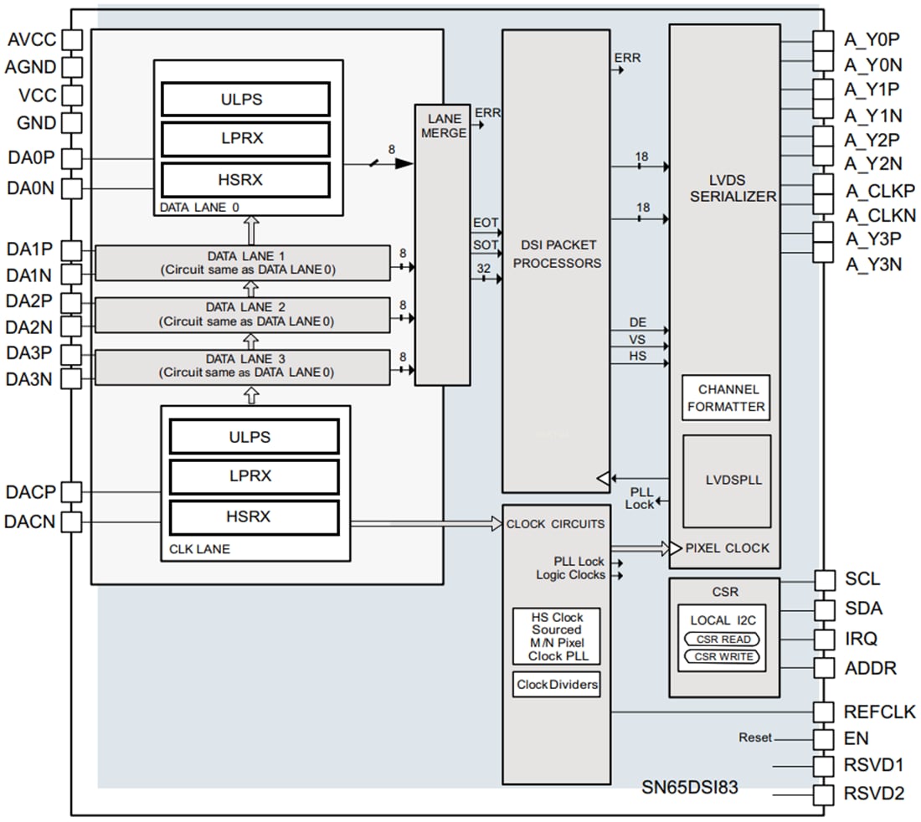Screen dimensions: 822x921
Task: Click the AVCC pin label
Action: tap(32, 40)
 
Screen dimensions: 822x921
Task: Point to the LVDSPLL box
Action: tap(727, 480)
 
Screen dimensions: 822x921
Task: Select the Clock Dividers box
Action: tap(557, 685)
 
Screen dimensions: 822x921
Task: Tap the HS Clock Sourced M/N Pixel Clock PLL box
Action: tap(557, 636)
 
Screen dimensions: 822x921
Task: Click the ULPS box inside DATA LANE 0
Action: tap(245, 100)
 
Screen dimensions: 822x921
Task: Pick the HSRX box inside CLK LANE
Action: tap(254, 516)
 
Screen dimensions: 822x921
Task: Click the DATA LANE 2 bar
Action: tap(243, 314)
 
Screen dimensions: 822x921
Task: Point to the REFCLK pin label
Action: tap(880, 712)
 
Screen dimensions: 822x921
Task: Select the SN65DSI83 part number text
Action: tap(690, 787)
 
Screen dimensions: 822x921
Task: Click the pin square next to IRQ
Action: tap(825, 639)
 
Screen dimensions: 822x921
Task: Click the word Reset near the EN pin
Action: tap(754, 738)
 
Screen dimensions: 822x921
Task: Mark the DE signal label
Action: tap(637, 322)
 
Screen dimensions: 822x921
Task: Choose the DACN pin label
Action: tap(29, 521)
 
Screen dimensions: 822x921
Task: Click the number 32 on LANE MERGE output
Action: tap(484, 268)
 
